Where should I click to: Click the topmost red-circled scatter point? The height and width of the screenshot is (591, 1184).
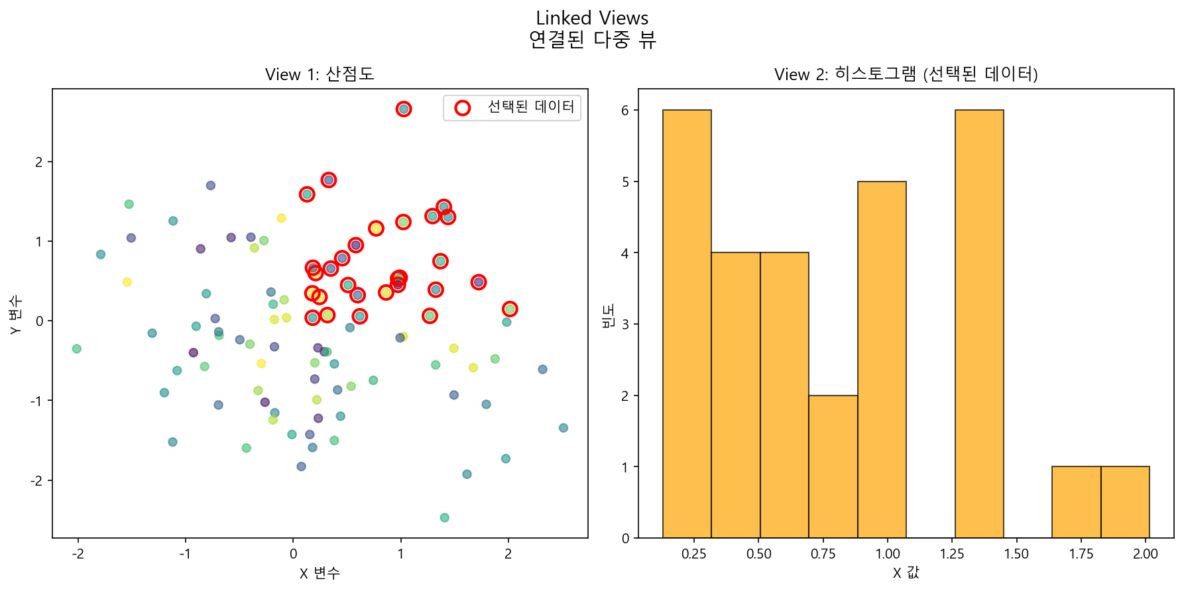[404, 109]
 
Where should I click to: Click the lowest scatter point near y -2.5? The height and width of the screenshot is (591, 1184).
[444, 517]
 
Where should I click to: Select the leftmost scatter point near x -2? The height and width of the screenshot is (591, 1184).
[77, 349]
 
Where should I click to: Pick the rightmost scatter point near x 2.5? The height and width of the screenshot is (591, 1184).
[563, 428]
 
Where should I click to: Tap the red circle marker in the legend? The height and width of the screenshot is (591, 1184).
[463, 108]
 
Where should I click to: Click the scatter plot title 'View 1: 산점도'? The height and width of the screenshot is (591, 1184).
[320, 74]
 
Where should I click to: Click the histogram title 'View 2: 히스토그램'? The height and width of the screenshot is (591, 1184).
[906, 74]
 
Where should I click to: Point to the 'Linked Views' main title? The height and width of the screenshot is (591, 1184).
[592, 19]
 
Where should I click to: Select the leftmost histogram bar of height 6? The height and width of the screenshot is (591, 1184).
[687, 324]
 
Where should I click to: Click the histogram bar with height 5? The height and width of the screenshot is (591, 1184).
[882, 360]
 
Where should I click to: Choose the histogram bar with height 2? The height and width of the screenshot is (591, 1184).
[833, 466]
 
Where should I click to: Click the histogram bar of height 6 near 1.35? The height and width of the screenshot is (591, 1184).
[979, 324]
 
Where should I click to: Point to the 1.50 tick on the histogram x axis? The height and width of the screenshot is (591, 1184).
[1016, 554]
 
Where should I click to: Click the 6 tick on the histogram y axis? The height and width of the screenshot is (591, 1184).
[625, 111]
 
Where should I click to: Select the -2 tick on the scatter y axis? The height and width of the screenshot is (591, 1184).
[38, 480]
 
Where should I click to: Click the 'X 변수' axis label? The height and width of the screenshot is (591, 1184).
[320, 573]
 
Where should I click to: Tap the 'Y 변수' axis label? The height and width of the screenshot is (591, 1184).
[16, 314]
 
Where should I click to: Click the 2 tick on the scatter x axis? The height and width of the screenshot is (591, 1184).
[508, 554]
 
